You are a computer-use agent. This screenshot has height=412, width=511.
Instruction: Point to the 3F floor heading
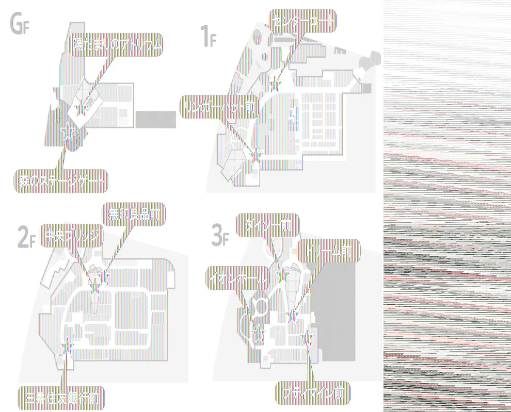tap(220, 235)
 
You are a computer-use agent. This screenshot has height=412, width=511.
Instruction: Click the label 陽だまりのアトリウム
tap(117, 45)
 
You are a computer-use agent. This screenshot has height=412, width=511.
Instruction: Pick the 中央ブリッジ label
tap(71, 235)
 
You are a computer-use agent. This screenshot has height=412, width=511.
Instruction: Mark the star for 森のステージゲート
tap(67, 133)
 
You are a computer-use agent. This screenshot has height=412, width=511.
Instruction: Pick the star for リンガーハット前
tap(255, 153)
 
